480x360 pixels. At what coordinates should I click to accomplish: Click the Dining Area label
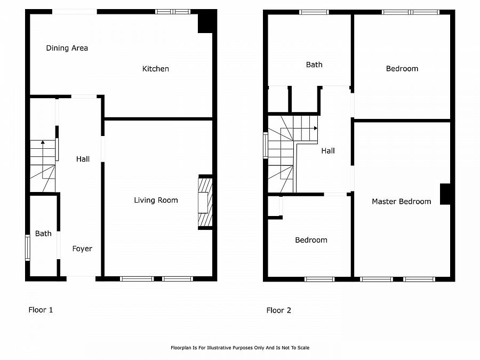pos(67,48)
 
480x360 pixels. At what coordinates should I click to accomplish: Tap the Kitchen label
pos(156,69)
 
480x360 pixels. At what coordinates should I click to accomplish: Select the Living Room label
pos(156,201)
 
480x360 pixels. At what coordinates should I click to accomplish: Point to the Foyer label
pos(82,249)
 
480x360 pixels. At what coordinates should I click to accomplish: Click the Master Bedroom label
pos(401,202)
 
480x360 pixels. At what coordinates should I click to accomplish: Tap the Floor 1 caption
pos(41,310)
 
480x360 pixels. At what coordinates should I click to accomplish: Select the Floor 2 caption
pos(279,310)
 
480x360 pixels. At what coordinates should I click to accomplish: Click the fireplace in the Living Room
pos(205,202)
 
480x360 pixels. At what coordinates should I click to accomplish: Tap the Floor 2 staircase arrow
pos(315,128)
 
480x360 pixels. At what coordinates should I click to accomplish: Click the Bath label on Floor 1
pos(43,234)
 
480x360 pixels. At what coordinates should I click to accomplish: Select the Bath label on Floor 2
pos(314,65)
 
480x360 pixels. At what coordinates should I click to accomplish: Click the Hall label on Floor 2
pos(328,151)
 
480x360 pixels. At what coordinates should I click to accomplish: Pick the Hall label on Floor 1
pos(83,159)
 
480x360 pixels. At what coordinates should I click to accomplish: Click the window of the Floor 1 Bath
pos(28,248)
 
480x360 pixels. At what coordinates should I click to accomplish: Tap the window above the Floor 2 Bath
pos(314,12)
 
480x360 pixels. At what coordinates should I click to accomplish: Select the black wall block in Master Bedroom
pos(445,194)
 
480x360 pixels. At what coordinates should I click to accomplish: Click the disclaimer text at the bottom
pos(239,348)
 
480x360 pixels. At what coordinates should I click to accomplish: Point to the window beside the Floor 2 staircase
pos(266,145)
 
